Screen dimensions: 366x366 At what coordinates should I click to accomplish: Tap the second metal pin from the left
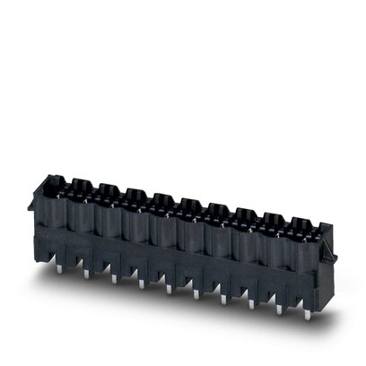(86, 271)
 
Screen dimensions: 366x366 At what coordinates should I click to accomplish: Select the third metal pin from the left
(113, 279)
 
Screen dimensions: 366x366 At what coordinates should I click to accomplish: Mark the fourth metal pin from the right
(223, 299)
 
